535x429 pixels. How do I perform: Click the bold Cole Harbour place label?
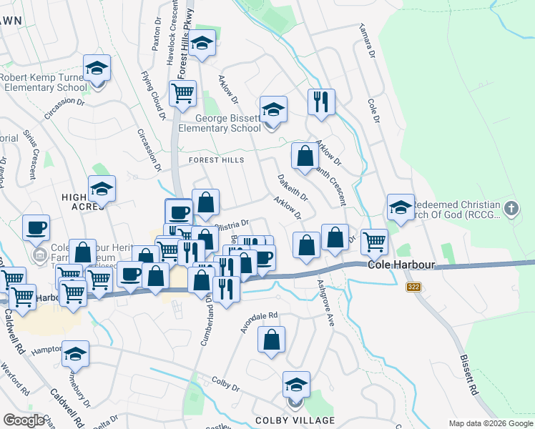[402, 265]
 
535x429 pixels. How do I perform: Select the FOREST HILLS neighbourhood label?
[216, 160]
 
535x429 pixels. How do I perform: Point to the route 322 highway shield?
[413, 287]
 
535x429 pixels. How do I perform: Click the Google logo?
[24, 420]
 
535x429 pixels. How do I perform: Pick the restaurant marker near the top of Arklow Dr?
[321, 101]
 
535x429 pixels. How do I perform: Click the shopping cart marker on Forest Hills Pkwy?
[183, 92]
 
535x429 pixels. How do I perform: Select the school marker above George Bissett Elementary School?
[273, 109]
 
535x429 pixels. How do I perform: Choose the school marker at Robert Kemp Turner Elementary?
[97, 69]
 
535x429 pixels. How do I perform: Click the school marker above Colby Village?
[296, 385]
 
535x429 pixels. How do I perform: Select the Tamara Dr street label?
[362, 42]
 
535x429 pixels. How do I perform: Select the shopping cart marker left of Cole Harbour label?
[374, 242]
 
